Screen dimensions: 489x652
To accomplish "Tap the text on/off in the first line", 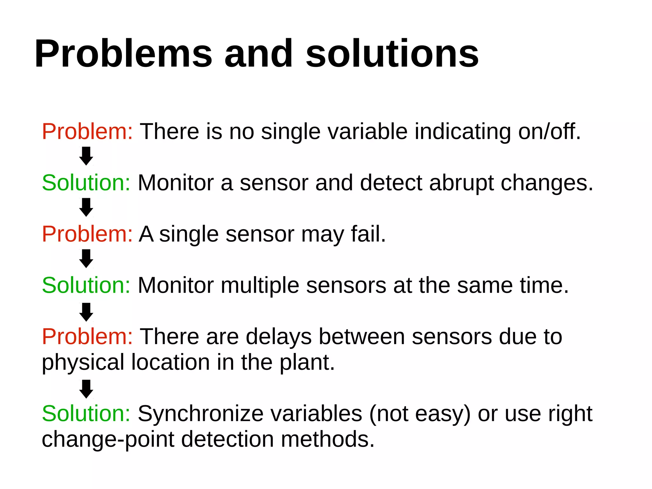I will pyautogui.click(x=549, y=131).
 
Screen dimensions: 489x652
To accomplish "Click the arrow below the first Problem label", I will pyautogui.click(x=86, y=156).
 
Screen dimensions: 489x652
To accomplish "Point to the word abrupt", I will pyautogui.click(x=461, y=183).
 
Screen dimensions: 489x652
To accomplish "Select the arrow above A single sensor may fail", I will pyautogui.click(x=86, y=207).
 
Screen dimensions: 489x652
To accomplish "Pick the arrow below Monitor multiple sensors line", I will pyautogui.click(x=86, y=312).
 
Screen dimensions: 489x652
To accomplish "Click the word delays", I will pyautogui.click(x=278, y=336).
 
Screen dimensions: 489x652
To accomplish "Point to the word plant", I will pyautogui.click(x=307, y=363).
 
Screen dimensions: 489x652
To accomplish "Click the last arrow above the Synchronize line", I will pyautogui.click(x=86, y=389).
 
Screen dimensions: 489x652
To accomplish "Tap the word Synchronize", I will pyautogui.click(x=200, y=414).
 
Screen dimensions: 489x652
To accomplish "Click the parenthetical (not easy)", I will pyautogui.click(x=420, y=414).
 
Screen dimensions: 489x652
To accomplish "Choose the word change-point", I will pyautogui.click(x=108, y=440).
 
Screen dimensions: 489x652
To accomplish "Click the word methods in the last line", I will pyautogui.click(x=327, y=440).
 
